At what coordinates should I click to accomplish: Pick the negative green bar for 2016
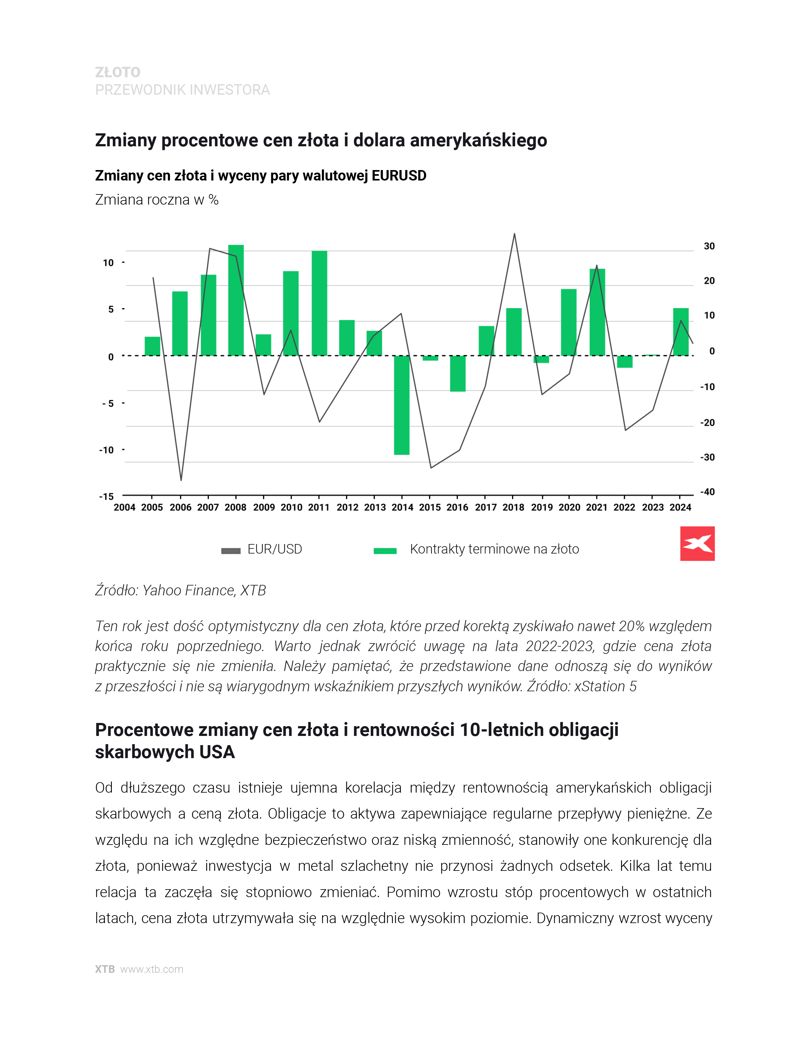tap(458, 373)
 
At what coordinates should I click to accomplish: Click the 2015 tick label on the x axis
tap(430, 507)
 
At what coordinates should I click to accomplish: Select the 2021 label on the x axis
tap(596, 507)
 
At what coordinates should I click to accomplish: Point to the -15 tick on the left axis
tap(106, 497)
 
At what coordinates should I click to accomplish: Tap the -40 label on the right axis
tap(707, 492)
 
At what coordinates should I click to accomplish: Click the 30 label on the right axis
tap(709, 246)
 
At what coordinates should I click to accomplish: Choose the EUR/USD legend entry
tap(274, 549)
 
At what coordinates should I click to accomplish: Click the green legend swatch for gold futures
tap(385, 551)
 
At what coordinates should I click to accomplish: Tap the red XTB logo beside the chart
tap(697, 543)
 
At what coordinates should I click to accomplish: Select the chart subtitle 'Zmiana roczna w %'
tap(157, 199)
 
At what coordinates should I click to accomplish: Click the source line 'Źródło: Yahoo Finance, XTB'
tap(181, 591)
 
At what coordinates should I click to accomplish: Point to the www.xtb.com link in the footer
tap(152, 969)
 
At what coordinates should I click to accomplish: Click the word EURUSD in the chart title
tap(399, 176)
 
